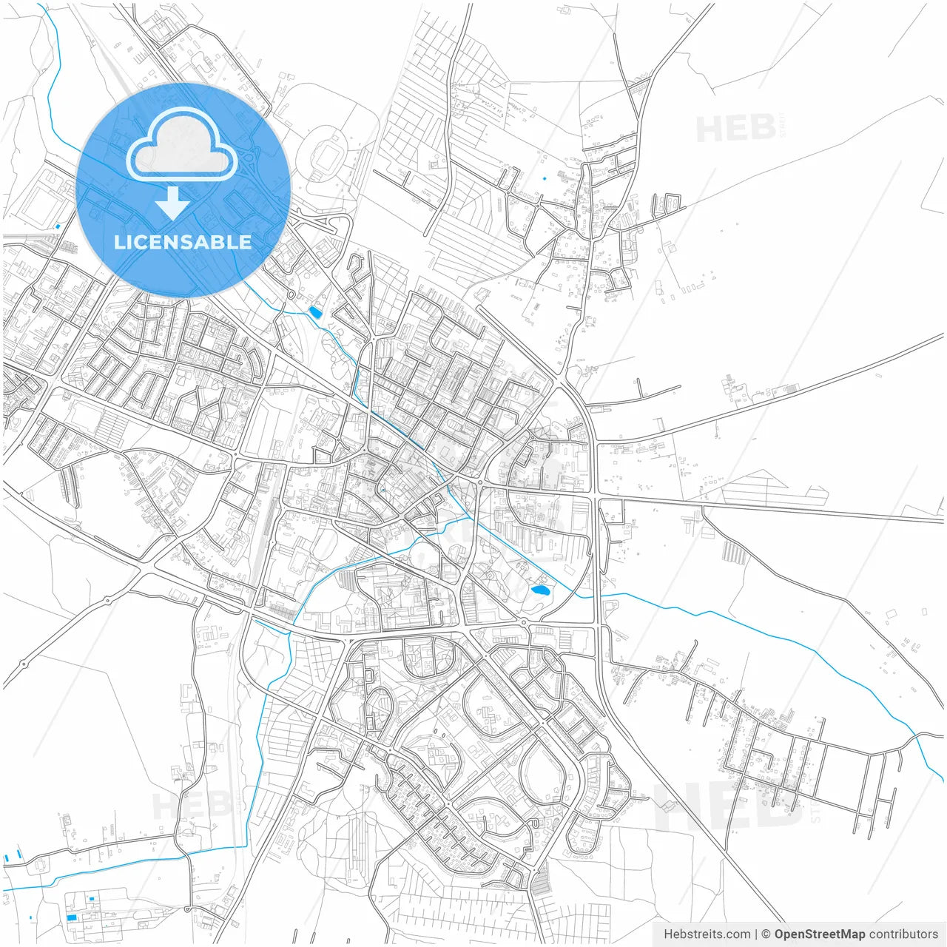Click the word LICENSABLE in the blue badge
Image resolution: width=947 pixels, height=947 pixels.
(x=183, y=243)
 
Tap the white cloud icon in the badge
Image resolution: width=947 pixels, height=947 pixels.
(x=182, y=145)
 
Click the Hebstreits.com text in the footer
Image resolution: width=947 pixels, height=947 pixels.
(x=707, y=934)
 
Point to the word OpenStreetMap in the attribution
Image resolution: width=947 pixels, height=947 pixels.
(x=819, y=934)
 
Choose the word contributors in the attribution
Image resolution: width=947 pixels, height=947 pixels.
(x=903, y=934)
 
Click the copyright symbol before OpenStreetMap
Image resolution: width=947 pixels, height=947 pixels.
(x=766, y=934)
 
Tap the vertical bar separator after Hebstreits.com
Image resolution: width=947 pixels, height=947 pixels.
(x=755, y=934)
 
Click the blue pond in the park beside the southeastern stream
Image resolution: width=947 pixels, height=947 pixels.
(x=540, y=590)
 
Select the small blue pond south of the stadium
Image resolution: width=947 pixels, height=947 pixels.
(x=315, y=313)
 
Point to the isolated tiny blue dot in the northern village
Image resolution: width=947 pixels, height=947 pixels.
(x=545, y=178)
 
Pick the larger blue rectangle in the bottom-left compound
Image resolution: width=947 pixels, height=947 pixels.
(x=72, y=917)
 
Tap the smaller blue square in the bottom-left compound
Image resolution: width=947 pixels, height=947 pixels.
(x=92, y=898)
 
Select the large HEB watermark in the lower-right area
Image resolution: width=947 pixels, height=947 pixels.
(x=729, y=806)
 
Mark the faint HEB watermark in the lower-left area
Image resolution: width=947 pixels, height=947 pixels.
(x=185, y=805)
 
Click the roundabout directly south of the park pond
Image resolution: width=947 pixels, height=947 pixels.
(x=524, y=623)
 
